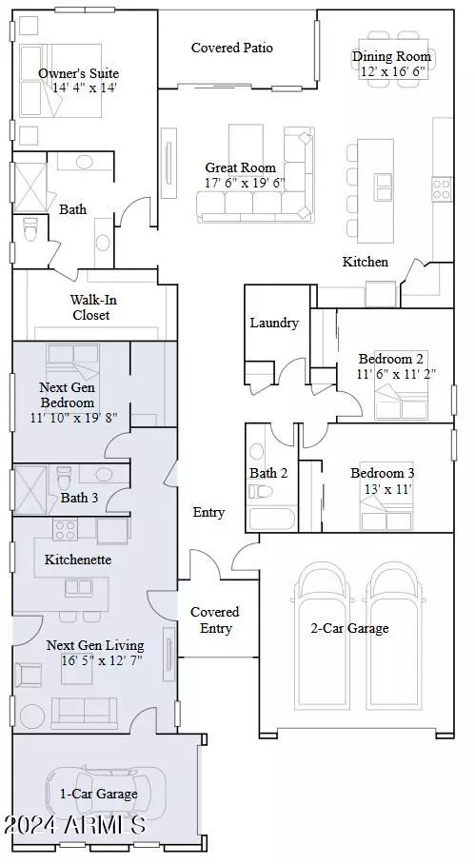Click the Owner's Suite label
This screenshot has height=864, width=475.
79,73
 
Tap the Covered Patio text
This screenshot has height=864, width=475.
231,48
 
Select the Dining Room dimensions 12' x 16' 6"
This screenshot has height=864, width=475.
391,71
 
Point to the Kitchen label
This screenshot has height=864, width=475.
366,262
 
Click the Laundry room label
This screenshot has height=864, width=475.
274,323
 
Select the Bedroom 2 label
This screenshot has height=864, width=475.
391,359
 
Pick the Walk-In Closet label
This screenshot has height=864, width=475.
90,307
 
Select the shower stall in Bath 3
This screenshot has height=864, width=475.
30,488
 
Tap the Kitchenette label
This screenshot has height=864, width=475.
78,560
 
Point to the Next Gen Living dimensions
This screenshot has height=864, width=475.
93,660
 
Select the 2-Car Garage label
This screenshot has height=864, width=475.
349,628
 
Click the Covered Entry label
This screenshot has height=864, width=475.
214,619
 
